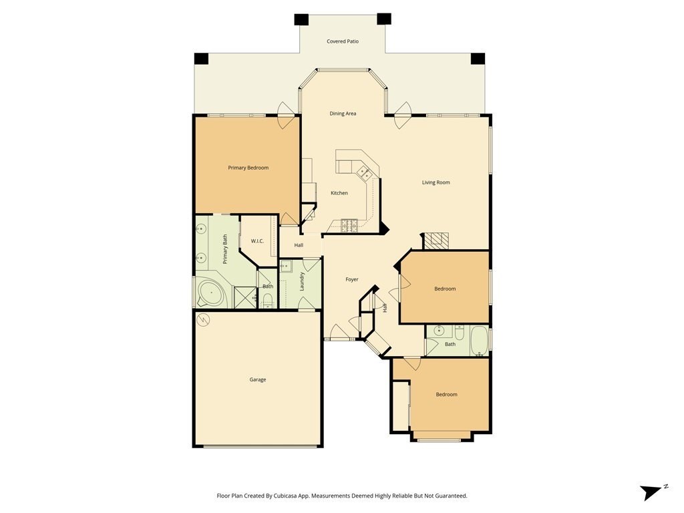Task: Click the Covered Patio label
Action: (x=343, y=41)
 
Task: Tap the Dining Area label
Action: (x=343, y=114)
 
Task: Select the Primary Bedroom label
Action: (x=248, y=168)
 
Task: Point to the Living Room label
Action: (x=436, y=182)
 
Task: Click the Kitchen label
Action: (x=339, y=193)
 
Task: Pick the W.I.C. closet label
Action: (x=257, y=240)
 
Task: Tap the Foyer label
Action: (x=351, y=279)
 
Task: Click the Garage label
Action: (x=257, y=379)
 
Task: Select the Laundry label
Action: (x=301, y=281)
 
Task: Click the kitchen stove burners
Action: (x=349, y=225)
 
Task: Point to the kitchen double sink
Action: (x=364, y=173)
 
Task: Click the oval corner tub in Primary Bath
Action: (x=210, y=293)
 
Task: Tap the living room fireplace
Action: (x=436, y=240)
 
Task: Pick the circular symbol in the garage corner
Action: (x=203, y=320)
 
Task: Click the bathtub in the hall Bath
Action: (x=479, y=341)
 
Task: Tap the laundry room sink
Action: (x=286, y=266)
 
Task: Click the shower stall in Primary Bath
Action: (x=245, y=297)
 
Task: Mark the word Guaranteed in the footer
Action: (x=452, y=496)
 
